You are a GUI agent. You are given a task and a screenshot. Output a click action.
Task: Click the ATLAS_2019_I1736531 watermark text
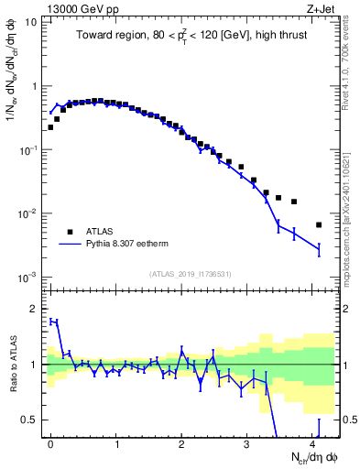191,273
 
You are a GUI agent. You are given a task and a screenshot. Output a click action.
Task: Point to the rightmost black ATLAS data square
319,224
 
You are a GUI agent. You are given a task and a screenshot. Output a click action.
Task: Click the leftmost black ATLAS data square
50,127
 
